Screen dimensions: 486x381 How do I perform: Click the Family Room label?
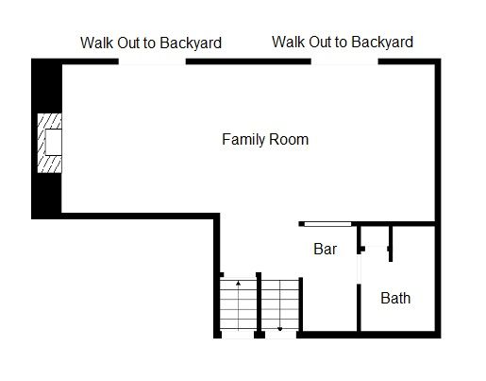click(265, 140)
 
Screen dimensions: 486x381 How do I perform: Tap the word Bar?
click(325, 249)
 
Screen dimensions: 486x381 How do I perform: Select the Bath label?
click(395, 298)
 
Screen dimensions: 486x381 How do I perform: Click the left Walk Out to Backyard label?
click(151, 43)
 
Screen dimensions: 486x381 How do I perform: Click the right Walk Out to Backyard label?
click(343, 42)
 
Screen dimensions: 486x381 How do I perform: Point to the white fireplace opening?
click(54, 142)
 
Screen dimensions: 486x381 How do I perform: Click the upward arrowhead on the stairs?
click(238, 284)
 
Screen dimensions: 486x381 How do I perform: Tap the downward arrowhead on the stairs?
click(279, 329)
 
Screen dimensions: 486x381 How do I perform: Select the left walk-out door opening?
click(152, 61)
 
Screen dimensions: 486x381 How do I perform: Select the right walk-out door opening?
click(344, 61)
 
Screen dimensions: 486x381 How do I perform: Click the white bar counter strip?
click(327, 224)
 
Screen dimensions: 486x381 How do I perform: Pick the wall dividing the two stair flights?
click(259, 305)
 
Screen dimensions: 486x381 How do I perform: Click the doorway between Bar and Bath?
click(359, 268)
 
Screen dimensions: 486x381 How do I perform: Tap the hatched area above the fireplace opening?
click(50, 121)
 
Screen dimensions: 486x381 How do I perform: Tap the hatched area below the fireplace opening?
click(50, 164)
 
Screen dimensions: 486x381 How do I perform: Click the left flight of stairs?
click(238, 304)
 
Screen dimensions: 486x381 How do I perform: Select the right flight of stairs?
click(279, 305)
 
